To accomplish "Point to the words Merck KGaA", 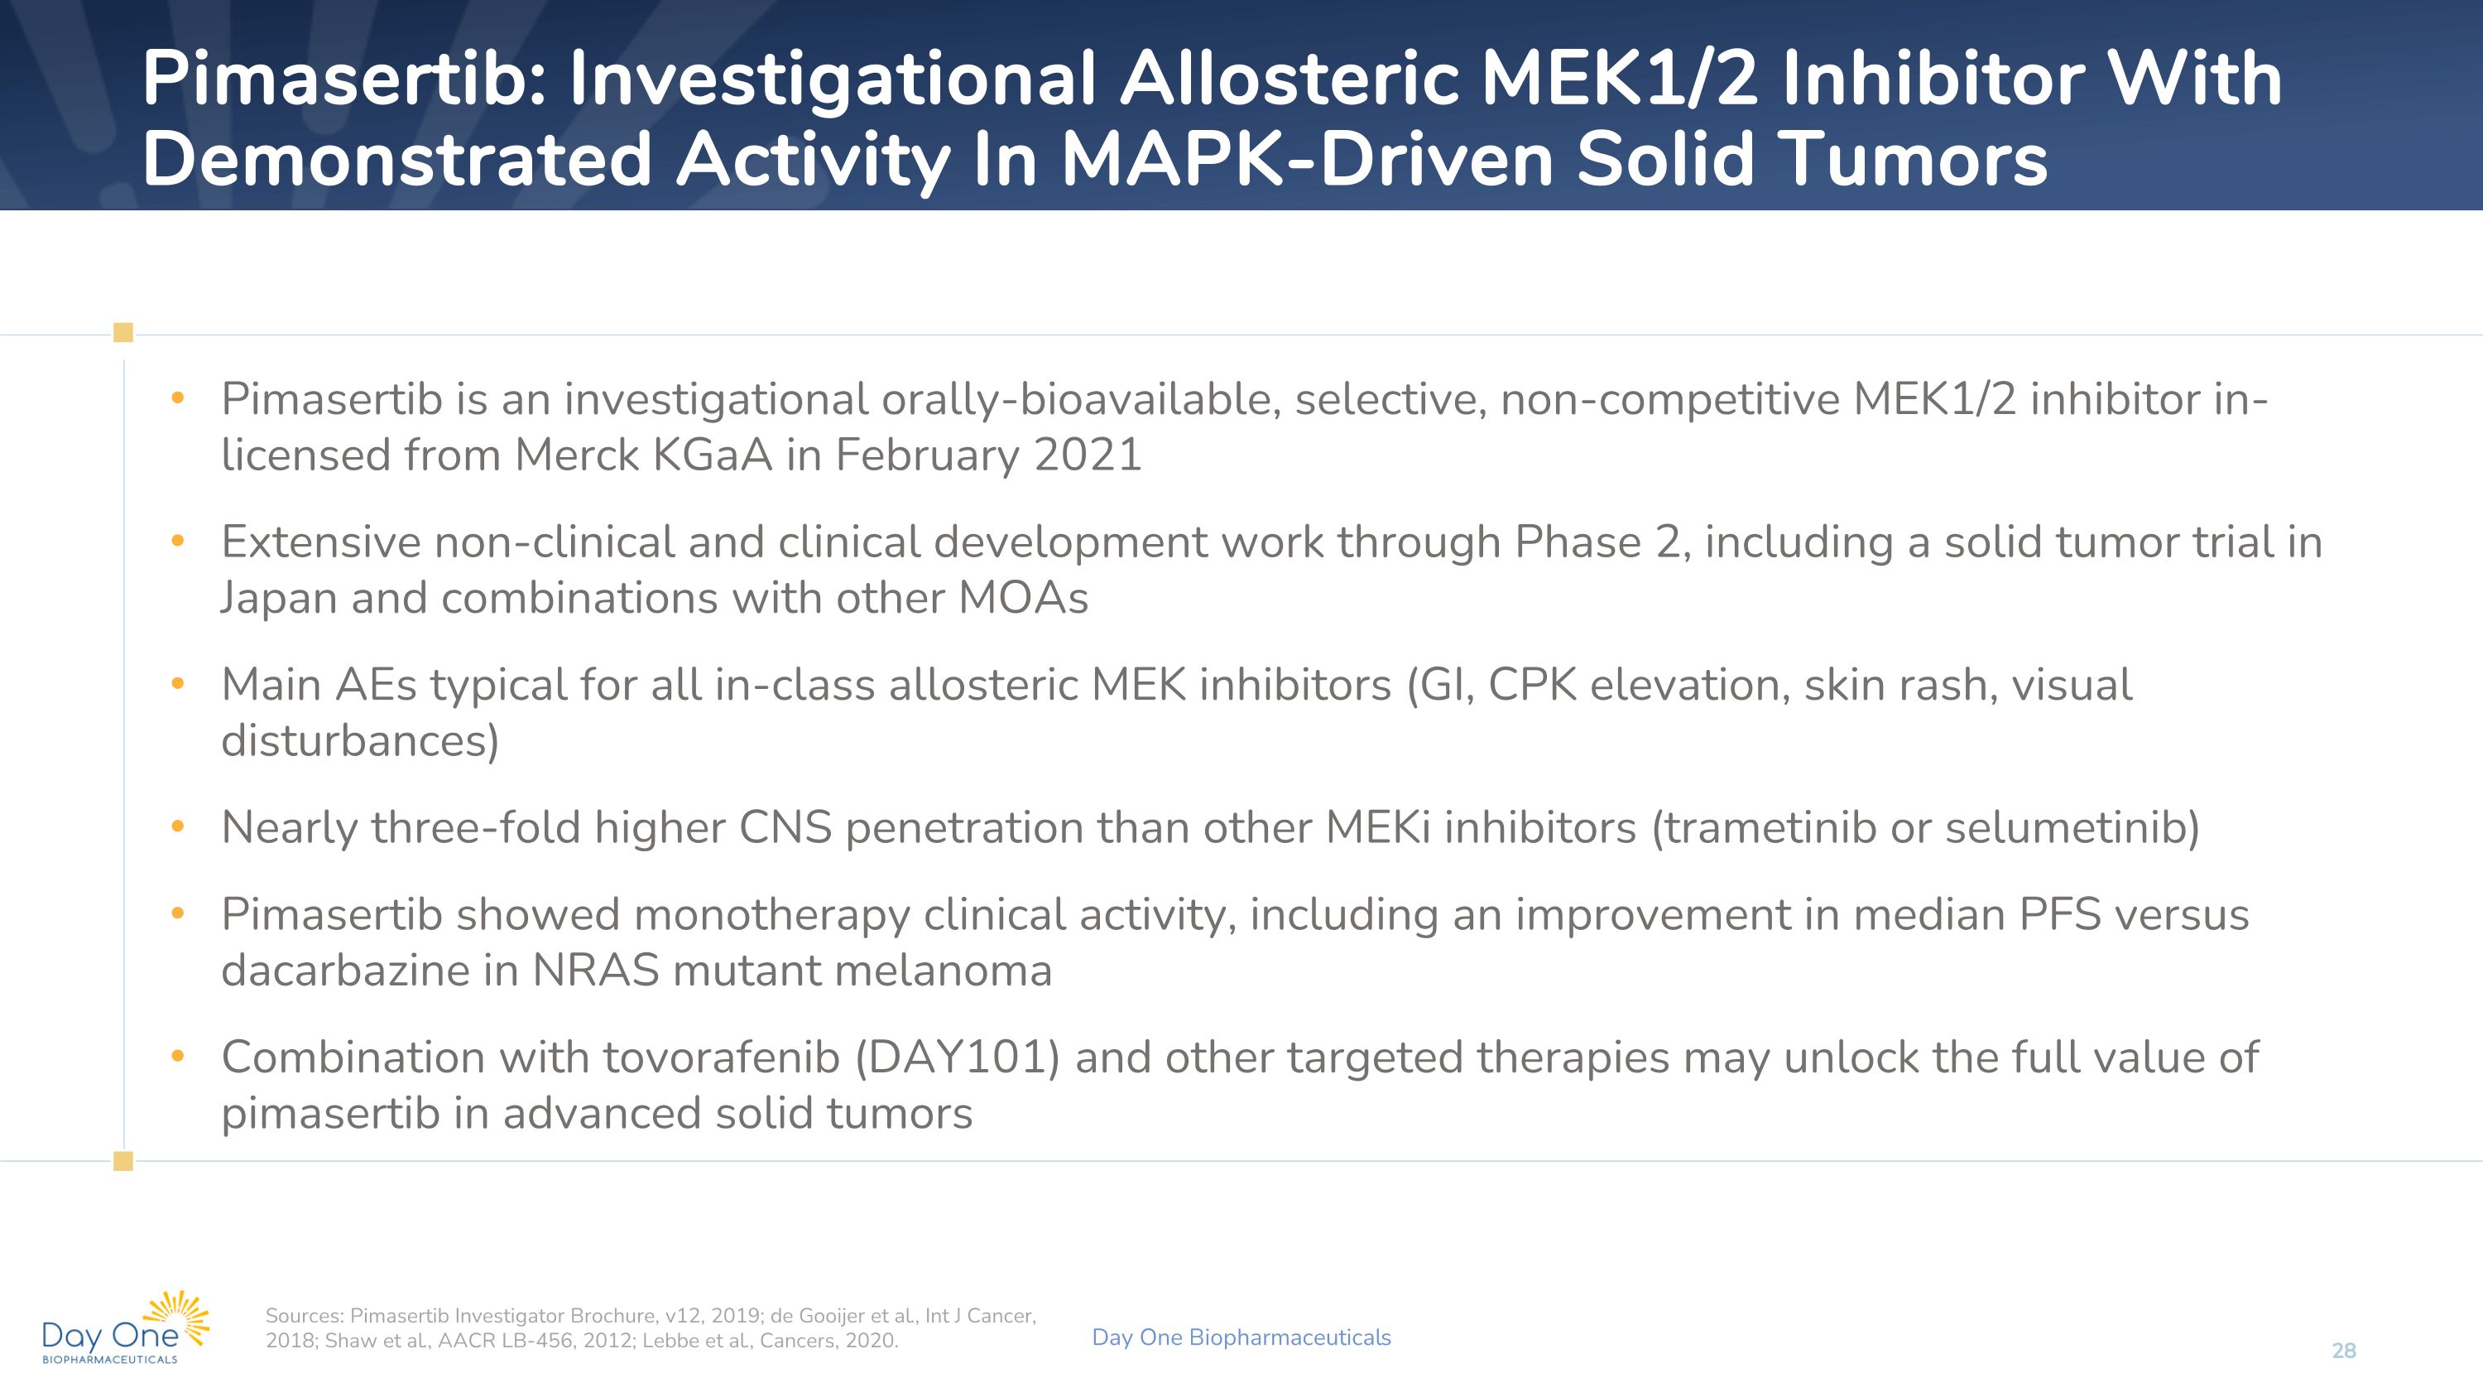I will click(643, 455).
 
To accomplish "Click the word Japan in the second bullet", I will click(279, 598).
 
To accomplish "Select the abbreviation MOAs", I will click(1023, 598).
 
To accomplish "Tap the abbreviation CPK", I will click(1532, 686).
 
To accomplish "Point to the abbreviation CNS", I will click(785, 828).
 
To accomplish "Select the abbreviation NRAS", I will click(595, 971).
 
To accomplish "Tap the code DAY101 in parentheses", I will click(957, 1057).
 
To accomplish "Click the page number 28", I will click(2343, 1351).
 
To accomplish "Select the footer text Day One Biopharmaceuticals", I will click(1241, 1337).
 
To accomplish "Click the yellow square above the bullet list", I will click(123, 333).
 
